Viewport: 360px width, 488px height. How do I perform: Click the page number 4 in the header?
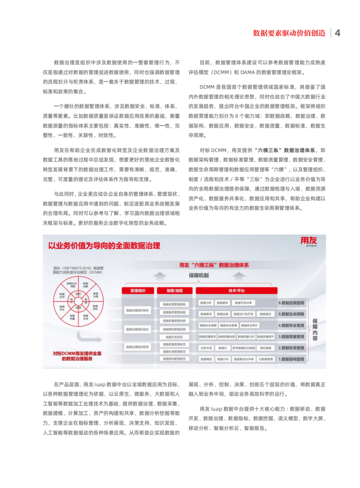(338, 33)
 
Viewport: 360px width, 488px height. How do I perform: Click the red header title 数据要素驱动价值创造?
(289, 33)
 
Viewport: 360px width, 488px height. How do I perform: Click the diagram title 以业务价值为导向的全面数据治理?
(104, 246)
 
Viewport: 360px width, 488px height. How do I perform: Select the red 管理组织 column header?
(137, 291)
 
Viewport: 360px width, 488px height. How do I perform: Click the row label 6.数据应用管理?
(291, 303)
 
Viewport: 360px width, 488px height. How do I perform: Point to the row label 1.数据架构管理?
(291, 359)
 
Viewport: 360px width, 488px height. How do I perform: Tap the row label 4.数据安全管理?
(291, 325)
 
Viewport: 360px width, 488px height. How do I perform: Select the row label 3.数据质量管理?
(291, 336)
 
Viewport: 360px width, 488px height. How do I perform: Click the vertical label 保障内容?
(315, 330)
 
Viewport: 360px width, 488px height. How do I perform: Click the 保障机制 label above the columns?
(199, 275)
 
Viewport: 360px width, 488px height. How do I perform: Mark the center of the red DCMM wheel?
(78, 302)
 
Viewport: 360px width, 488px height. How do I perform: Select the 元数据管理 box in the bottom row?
(266, 359)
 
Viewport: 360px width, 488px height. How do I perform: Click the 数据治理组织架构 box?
(137, 310)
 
